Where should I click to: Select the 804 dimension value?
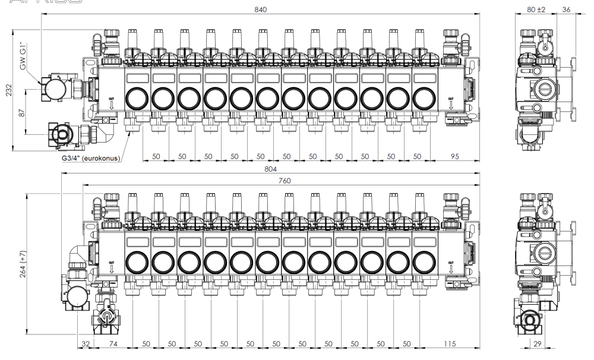click(x=271, y=170)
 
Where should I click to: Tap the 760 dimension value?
click(x=284, y=181)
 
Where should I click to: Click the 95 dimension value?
click(x=455, y=156)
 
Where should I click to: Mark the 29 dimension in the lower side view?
click(x=537, y=345)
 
